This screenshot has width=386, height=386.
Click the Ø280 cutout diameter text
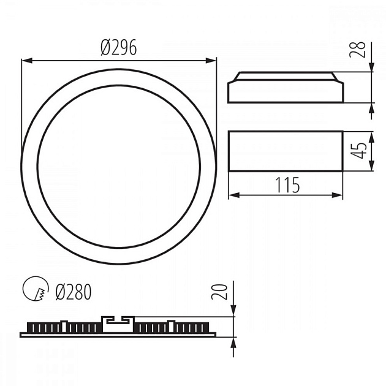point(73,292)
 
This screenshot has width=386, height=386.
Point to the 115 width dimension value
point(286,184)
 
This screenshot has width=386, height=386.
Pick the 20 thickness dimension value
point(222,291)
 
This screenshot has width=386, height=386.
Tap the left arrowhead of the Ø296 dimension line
point(25,60)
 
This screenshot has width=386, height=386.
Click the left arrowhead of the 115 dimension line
point(232,195)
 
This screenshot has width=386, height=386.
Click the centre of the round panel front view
point(119,167)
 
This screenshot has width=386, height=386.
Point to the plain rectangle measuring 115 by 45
point(286,151)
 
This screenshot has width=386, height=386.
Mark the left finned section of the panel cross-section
point(64,328)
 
